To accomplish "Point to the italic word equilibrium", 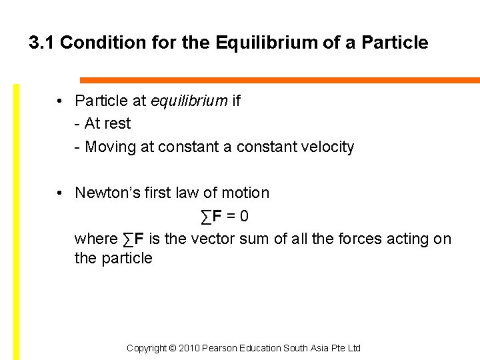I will click(189, 101).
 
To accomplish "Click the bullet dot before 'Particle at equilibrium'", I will click(60, 101).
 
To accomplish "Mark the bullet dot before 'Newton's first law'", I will click(60, 193).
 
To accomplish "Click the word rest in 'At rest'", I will click(117, 124).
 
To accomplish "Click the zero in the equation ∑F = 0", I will click(245, 217).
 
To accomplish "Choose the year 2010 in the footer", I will click(190, 349).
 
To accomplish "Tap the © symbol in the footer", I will click(172, 349).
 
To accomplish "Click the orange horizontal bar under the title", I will click(280, 81).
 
